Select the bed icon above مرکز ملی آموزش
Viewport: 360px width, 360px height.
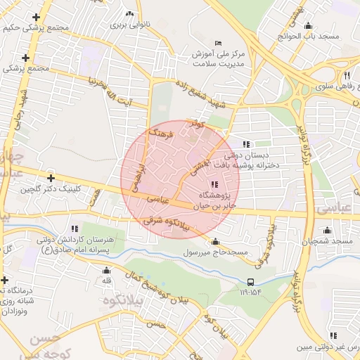click(x=217, y=43)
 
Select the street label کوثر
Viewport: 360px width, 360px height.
click(x=199, y=124)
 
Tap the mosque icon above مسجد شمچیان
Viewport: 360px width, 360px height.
click(x=327, y=230)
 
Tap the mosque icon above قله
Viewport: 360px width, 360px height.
click(x=107, y=271)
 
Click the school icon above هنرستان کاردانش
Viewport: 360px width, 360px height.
click(x=75, y=229)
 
